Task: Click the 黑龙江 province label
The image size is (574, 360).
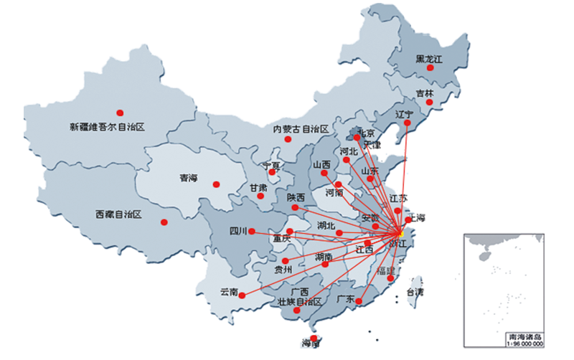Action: pos(430,59)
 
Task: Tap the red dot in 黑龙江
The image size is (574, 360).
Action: pos(430,68)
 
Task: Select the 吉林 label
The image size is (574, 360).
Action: pos(425,93)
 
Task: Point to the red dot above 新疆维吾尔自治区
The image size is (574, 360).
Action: pos(120,112)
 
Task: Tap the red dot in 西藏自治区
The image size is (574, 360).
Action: pos(165,222)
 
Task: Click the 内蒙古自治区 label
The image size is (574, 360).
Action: pos(301,129)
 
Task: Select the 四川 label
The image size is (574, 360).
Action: pos(237,231)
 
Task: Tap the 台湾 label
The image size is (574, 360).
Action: pos(415,292)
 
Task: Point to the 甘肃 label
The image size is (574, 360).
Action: pos(258,188)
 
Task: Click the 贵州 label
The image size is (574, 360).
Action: pos(283,270)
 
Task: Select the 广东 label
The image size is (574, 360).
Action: pos(346,299)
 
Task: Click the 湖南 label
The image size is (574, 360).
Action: pos(324,256)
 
